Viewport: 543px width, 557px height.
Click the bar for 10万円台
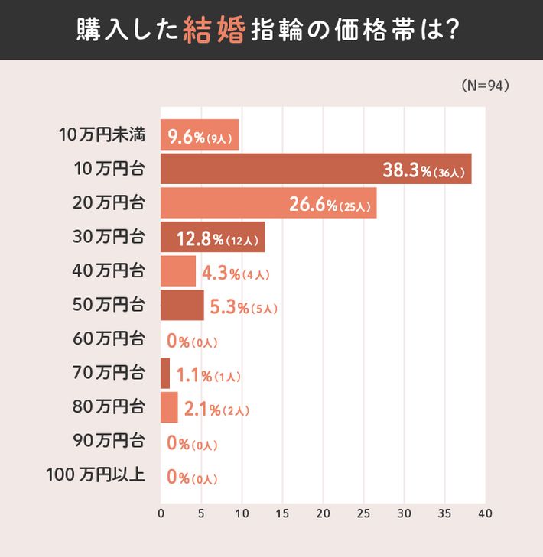coord(315,169)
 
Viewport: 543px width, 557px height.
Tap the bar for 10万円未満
coord(200,135)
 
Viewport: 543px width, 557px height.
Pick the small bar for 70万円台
coord(165,373)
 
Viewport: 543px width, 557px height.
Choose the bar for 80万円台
coord(169,407)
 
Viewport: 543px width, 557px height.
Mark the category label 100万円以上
coord(96,475)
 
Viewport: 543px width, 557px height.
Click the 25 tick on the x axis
coord(363,513)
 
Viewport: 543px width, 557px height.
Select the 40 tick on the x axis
coord(484,513)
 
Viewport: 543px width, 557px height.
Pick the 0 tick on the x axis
coord(161,513)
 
